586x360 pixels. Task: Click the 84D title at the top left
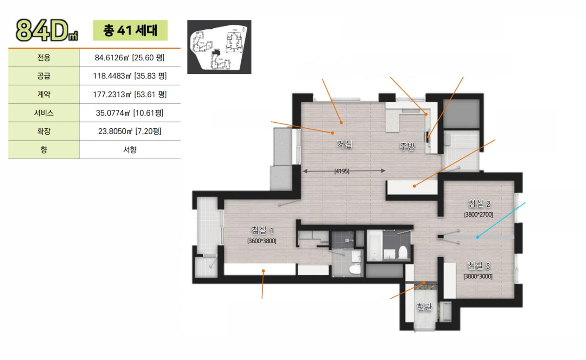pyautogui.click(x=47, y=30)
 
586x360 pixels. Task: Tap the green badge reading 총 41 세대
pyautogui.click(x=130, y=30)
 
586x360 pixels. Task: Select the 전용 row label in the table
pyautogui.click(x=44, y=58)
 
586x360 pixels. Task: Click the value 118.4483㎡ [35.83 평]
pyautogui.click(x=130, y=76)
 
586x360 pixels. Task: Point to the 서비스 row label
pyautogui.click(x=44, y=113)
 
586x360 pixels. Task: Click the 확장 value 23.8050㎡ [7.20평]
pyautogui.click(x=130, y=131)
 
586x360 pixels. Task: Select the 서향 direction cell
pyautogui.click(x=130, y=150)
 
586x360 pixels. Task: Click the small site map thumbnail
pyautogui.click(x=219, y=47)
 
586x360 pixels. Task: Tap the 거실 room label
pyautogui.click(x=345, y=144)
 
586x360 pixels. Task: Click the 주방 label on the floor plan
pyautogui.click(x=407, y=146)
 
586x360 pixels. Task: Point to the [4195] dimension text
pyautogui.click(x=342, y=171)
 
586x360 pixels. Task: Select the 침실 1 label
pyautogui.click(x=262, y=230)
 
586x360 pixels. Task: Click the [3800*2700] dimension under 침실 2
pyautogui.click(x=478, y=215)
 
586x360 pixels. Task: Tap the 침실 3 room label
pyautogui.click(x=479, y=266)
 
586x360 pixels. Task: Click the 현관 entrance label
pyautogui.click(x=424, y=307)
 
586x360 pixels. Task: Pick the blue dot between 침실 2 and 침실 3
pyautogui.click(x=477, y=237)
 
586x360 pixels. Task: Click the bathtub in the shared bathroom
pyautogui.click(x=375, y=245)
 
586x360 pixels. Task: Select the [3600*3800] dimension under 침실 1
pyautogui.click(x=262, y=241)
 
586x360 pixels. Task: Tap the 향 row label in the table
pyautogui.click(x=44, y=150)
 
